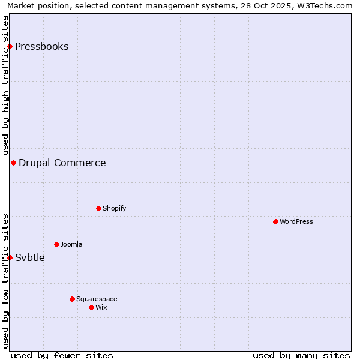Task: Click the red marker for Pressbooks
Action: [x=10, y=47]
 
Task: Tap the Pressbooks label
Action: [x=41, y=47]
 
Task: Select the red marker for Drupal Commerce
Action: [x=13, y=163]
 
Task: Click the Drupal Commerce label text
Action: [x=62, y=163]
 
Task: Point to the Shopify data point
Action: [x=98, y=209]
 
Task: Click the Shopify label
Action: [x=114, y=209]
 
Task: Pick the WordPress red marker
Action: [x=275, y=222]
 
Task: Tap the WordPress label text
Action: [x=296, y=222]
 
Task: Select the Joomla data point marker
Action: [x=56, y=245]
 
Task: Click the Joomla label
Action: [x=71, y=245]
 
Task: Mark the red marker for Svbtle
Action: [x=10, y=258]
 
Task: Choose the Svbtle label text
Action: [x=29, y=258]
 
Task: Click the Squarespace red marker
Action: [x=72, y=299]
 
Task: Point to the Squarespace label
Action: [x=97, y=299]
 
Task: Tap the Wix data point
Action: [x=91, y=308]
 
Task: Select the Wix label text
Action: [x=101, y=308]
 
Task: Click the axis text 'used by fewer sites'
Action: [x=62, y=355]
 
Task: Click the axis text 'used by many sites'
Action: [x=301, y=355]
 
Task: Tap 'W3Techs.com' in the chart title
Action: [x=326, y=6]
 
